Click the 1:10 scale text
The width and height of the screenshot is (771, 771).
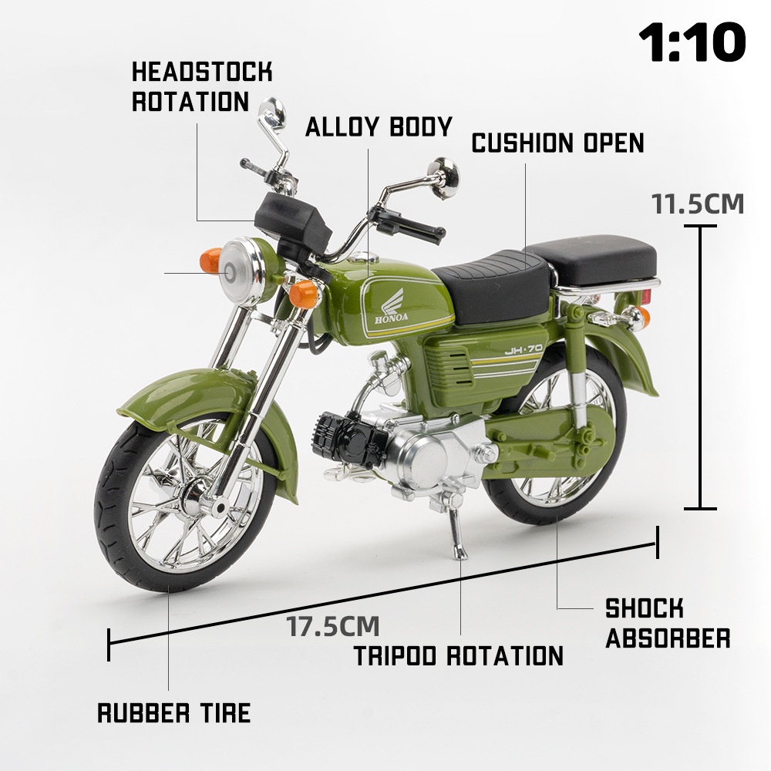pyautogui.click(x=692, y=42)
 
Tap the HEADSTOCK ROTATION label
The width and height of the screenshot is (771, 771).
pyautogui.click(x=201, y=86)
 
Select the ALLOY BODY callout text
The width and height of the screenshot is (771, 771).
pyautogui.click(x=379, y=126)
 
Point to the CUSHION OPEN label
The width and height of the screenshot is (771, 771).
pyautogui.click(x=557, y=143)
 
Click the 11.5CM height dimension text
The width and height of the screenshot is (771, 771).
pyautogui.click(x=698, y=204)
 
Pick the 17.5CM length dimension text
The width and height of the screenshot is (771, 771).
pyautogui.click(x=332, y=626)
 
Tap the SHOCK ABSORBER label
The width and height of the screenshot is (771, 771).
pyautogui.click(x=668, y=624)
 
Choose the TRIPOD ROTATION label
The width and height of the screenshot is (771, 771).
pyautogui.click(x=458, y=655)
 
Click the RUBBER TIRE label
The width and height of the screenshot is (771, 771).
pyautogui.click(x=174, y=713)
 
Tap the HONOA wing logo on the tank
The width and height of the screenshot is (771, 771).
pyautogui.click(x=392, y=306)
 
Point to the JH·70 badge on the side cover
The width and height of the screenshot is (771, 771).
pyautogui.click(x=524, y=349)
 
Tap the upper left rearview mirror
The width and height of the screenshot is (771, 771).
pyautogui.click(x=272, y=111)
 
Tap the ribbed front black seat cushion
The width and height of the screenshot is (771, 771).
pyautogui.click(x=492, y=288)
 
